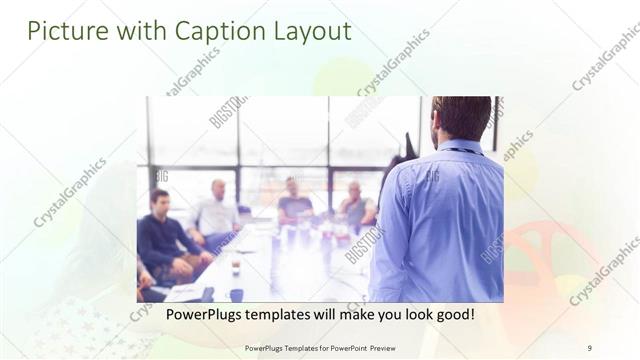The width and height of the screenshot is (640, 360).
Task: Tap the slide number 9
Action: [589, 348]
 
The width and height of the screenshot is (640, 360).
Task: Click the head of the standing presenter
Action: [462, 117]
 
